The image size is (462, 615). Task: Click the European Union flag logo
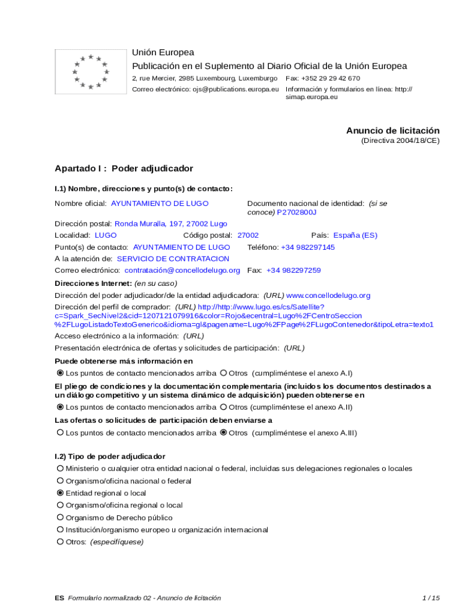click(x=91, y=72)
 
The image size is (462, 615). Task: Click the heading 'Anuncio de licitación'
click(x=392, y=130)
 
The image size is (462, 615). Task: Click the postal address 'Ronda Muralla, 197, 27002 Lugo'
click(x=171, y=223)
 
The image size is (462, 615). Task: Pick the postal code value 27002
click(x=248, y=235)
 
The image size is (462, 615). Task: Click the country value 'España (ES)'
click(x=355, y=235)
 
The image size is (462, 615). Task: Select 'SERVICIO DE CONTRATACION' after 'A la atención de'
click(x=173, y=259)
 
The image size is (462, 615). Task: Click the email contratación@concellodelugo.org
click(x=182, y=270)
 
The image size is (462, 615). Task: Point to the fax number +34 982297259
click(x=293, y=270)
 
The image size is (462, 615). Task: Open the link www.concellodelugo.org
click(x=328, y=295)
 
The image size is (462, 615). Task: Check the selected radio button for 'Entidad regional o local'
click(x=60, y=493)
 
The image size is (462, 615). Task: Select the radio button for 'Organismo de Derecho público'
click(x=60, y=518)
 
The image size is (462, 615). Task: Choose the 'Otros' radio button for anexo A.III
click(x=224, y=432)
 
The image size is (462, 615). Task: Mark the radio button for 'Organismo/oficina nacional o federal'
click(x=60, y=481)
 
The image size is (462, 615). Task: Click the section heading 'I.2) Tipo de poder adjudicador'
click(x=110, y=456)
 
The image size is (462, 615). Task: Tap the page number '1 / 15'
click(x=431, y=598)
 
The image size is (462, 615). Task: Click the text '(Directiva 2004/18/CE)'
click(x=400, y=141)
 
